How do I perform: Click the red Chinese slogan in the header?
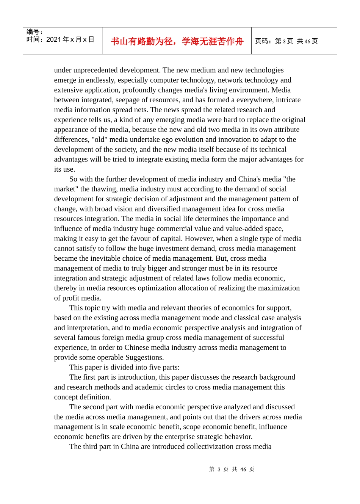pos(177,41)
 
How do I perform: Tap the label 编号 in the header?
pos(33,32)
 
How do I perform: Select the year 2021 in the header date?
pos(53,40)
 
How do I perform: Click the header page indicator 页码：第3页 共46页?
pos(286,41)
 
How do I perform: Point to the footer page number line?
pos(232,469)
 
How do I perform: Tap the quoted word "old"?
pos(98,139)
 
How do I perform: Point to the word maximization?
pos(279,288)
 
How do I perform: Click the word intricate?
pos(287,100)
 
